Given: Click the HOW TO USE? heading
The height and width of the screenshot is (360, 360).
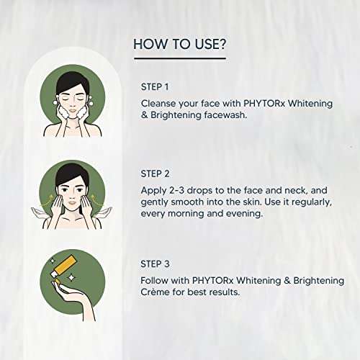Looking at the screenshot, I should click(x=179, y=45).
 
